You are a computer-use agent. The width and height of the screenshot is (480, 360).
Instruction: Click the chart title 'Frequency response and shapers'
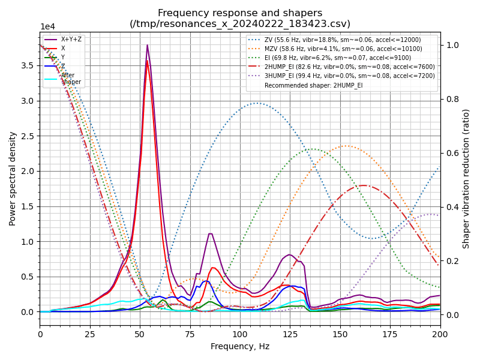tap(240, 13)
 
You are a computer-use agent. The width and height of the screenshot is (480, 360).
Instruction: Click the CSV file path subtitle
tap(240, 24)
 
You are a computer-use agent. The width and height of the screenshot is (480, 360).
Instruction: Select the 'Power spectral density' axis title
tap(13, 178)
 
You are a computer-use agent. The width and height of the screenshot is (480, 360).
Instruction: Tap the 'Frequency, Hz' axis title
tap(240, 346)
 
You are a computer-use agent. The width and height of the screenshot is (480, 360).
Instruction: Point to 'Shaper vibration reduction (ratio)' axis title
tap(466, 178)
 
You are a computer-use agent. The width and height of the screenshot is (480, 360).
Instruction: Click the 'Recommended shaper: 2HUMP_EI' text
tap(313, 86)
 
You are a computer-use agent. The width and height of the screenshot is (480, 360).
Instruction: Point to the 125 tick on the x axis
tap(290, 334)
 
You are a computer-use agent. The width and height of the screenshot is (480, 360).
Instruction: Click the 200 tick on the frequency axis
tap(440, 334)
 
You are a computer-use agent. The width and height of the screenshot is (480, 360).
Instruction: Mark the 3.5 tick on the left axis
tap(27, 65)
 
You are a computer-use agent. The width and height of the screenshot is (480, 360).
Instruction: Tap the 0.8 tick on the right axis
tap(452, 99)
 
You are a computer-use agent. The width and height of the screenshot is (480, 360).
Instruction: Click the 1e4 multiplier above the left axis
tap(47, 27)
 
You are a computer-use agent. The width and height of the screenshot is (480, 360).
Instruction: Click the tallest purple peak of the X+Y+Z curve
tap(147, 45)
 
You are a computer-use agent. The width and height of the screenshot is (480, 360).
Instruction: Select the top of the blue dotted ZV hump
tap(257, 103)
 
